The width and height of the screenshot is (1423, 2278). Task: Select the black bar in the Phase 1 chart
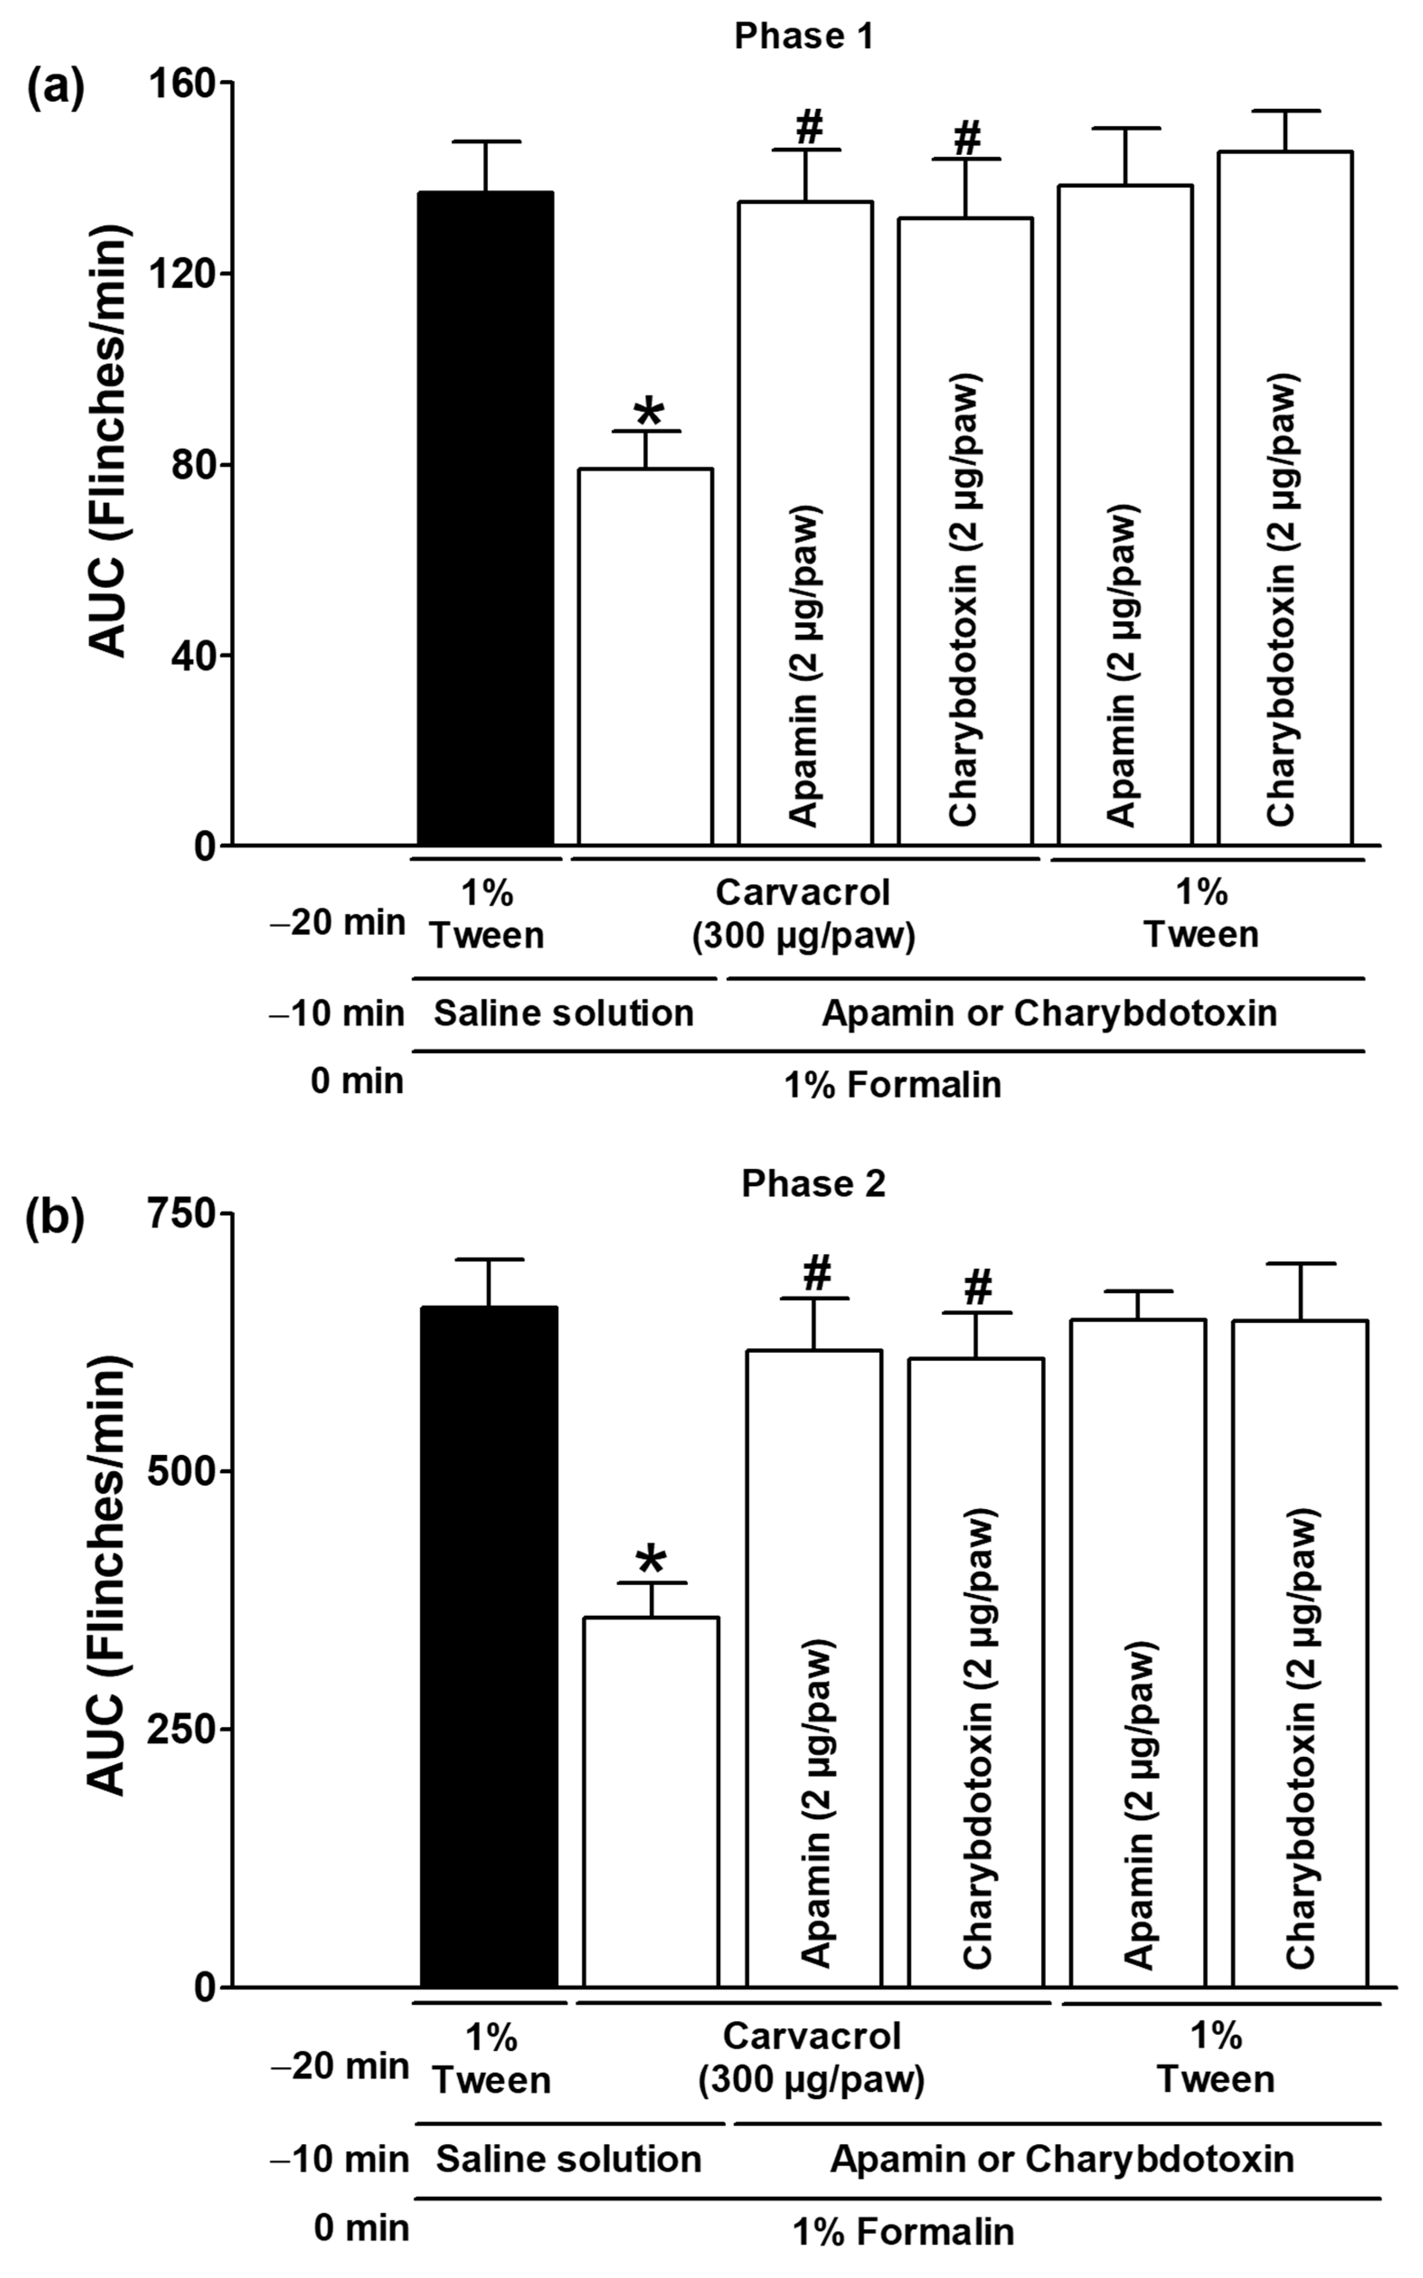(485, 518)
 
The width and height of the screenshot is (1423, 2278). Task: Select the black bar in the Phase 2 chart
(490, 1647)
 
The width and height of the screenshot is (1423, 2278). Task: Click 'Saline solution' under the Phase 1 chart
(564, 1013)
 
